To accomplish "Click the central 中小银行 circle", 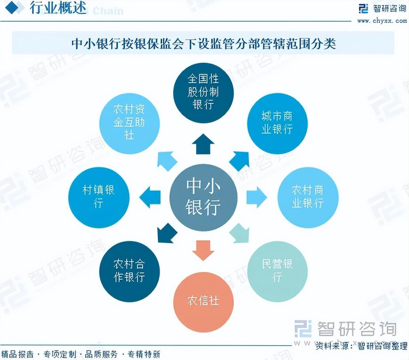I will point(203,196).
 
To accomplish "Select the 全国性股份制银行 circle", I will point(203,92).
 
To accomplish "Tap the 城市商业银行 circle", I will point(277,123).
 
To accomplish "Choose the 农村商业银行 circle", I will point(308,196).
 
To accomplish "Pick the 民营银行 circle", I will point(278,270).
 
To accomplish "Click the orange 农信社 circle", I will point(203,300).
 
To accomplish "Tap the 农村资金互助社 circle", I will point(129,123).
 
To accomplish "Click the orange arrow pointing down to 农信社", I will point(203,250).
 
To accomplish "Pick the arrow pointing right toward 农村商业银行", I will point(256,197).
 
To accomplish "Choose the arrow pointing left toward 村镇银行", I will point(151,197).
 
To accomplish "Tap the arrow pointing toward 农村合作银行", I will point(167,233).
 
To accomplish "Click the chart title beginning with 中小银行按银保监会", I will point(203,44).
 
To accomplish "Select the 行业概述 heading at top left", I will point(57,8).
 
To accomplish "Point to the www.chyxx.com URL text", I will point(382,20).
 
